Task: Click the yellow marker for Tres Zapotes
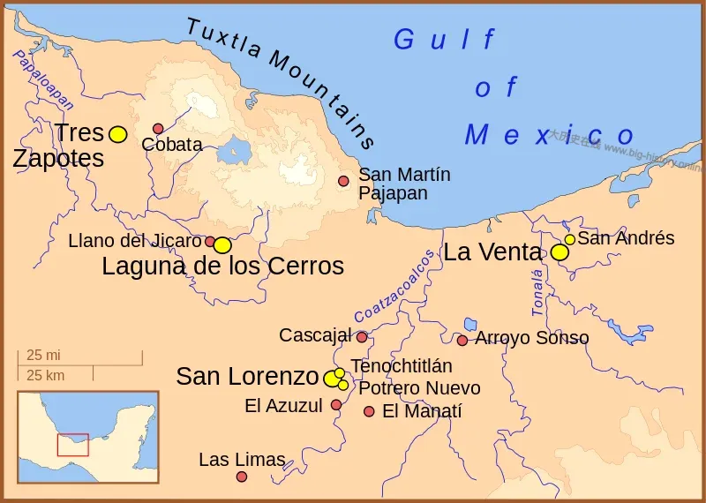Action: [x=117, y=134]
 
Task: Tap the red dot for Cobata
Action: [x=158, y=129]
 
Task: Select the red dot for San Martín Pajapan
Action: [x=343, y=181]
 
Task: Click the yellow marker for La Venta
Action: [x=560, y=252]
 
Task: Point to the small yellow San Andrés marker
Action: [x=570, y=239]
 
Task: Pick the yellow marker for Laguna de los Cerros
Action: [x=222, y=245]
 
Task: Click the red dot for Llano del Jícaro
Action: [x=210, y=241]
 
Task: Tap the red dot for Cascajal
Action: [x=362, y=337]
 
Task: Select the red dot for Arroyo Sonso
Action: [x=462, y=341]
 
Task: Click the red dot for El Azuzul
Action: [x=336, y=405]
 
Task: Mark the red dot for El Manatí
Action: [x=369, y=411]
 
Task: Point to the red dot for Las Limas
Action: [x=241, y=477]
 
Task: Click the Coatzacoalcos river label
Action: [x=394, y=286]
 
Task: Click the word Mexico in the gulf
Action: [x=549, y=135]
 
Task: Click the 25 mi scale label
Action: [x=42, y=356]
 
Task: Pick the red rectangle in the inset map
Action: [x=72, y=444]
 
